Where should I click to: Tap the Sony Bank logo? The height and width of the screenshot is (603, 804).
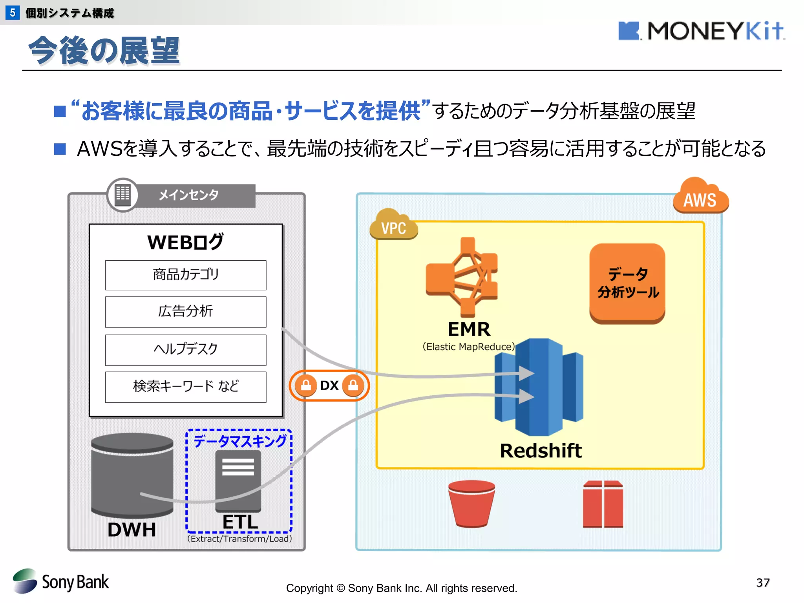click(x=61, y=581)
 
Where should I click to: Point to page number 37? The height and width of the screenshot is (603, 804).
click(x=762, y=582)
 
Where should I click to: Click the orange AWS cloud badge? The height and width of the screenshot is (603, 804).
click(x=700, y=197)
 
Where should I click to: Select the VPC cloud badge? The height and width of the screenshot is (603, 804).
click(x=393, y=225)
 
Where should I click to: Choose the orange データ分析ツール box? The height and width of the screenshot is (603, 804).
click(x=627, y=283)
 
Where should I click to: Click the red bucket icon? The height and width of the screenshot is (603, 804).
click(x=471, y=503)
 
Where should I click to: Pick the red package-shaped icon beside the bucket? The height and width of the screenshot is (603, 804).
click(x=603, y=504)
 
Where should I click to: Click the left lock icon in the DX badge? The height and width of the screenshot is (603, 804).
click(x=306, y=386)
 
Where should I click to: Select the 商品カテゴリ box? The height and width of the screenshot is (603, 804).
click(x=185, y=275)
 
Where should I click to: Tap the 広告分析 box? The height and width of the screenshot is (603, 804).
click(x=185, y=312)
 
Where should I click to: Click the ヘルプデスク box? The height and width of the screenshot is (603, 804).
click(x=185, y=349)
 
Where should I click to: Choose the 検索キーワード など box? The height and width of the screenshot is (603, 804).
click(x=185, y=387)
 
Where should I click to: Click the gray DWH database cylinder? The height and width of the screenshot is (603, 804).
click(x=132, y=475)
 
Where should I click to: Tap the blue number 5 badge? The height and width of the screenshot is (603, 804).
click(x=13, y=13)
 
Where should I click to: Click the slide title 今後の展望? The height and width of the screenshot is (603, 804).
click(x=104, y=50)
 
